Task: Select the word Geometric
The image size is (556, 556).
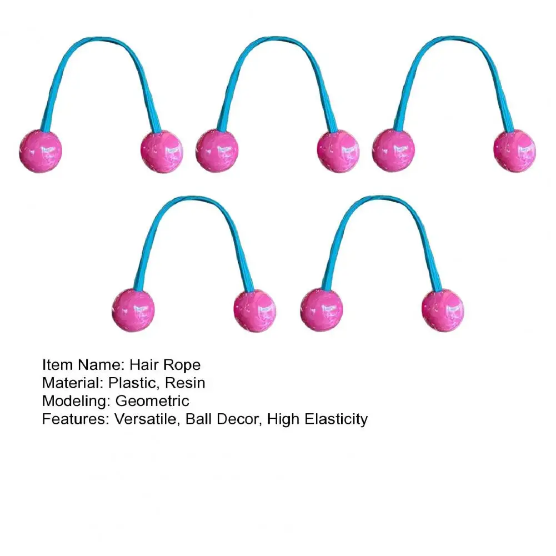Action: tap(152, 400)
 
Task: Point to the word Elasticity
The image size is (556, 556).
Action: tap(335, 418)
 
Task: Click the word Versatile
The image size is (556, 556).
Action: tap(146, 418)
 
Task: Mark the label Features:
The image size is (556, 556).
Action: tap(76, 418)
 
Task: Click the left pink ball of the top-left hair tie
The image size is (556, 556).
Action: tap(40, 151)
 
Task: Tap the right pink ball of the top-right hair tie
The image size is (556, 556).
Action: tap(515, 151)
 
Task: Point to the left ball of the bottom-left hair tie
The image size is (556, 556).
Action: tap(133, 310)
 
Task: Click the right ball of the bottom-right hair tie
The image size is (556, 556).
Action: tap(443, 310)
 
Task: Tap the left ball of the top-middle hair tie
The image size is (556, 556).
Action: tap(217, 151)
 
